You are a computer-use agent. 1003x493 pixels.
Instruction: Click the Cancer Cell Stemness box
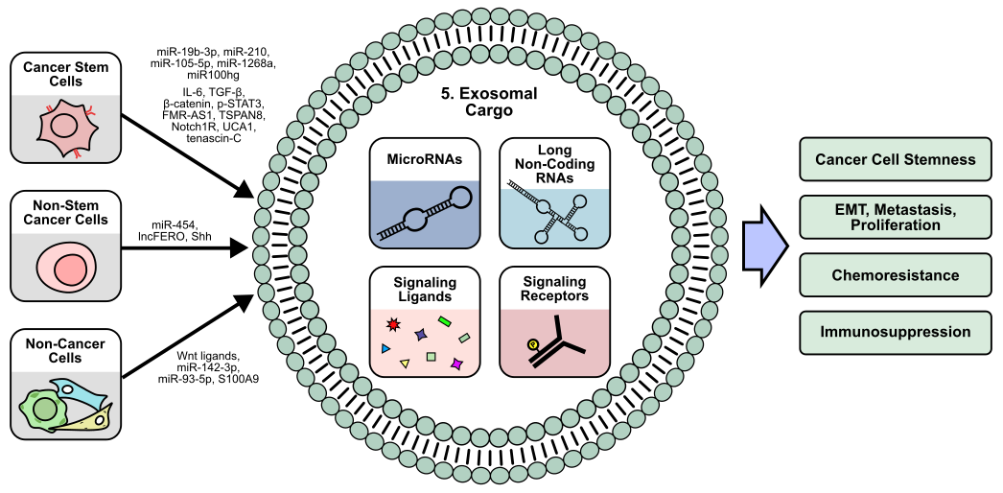(x=895, y=159)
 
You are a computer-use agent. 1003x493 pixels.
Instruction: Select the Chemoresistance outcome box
(x=895, y=275)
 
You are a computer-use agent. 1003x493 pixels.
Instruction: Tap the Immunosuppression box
(x=895, y=333)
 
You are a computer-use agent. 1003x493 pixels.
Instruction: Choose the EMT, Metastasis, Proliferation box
(x=895, y=217)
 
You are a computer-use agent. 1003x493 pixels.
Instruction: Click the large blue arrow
(x=764, y=246)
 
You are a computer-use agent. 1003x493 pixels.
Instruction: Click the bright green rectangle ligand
(x=444, y=321)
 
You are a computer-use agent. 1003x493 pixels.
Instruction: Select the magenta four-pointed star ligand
(x=457, y=364)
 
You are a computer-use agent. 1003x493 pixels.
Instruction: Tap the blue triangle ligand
(x=385, y=348)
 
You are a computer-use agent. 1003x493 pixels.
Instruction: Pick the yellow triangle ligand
(x=405, y=364)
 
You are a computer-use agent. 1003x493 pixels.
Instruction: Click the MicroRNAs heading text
(x=425, y=160)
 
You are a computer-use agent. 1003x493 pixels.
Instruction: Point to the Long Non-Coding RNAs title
(x=554, y=163)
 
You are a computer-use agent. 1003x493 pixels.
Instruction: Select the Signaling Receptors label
(x=554, y=289)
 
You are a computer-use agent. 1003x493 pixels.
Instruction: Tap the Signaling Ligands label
(x=425, y=289)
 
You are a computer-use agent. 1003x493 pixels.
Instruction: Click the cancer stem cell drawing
(x=64, y=128)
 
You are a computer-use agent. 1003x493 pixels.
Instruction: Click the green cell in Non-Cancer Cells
(x=44, y=410)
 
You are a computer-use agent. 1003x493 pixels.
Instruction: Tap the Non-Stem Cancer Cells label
(x=65, y=212)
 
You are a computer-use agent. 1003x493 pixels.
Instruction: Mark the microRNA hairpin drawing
(x=424, y=216)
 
